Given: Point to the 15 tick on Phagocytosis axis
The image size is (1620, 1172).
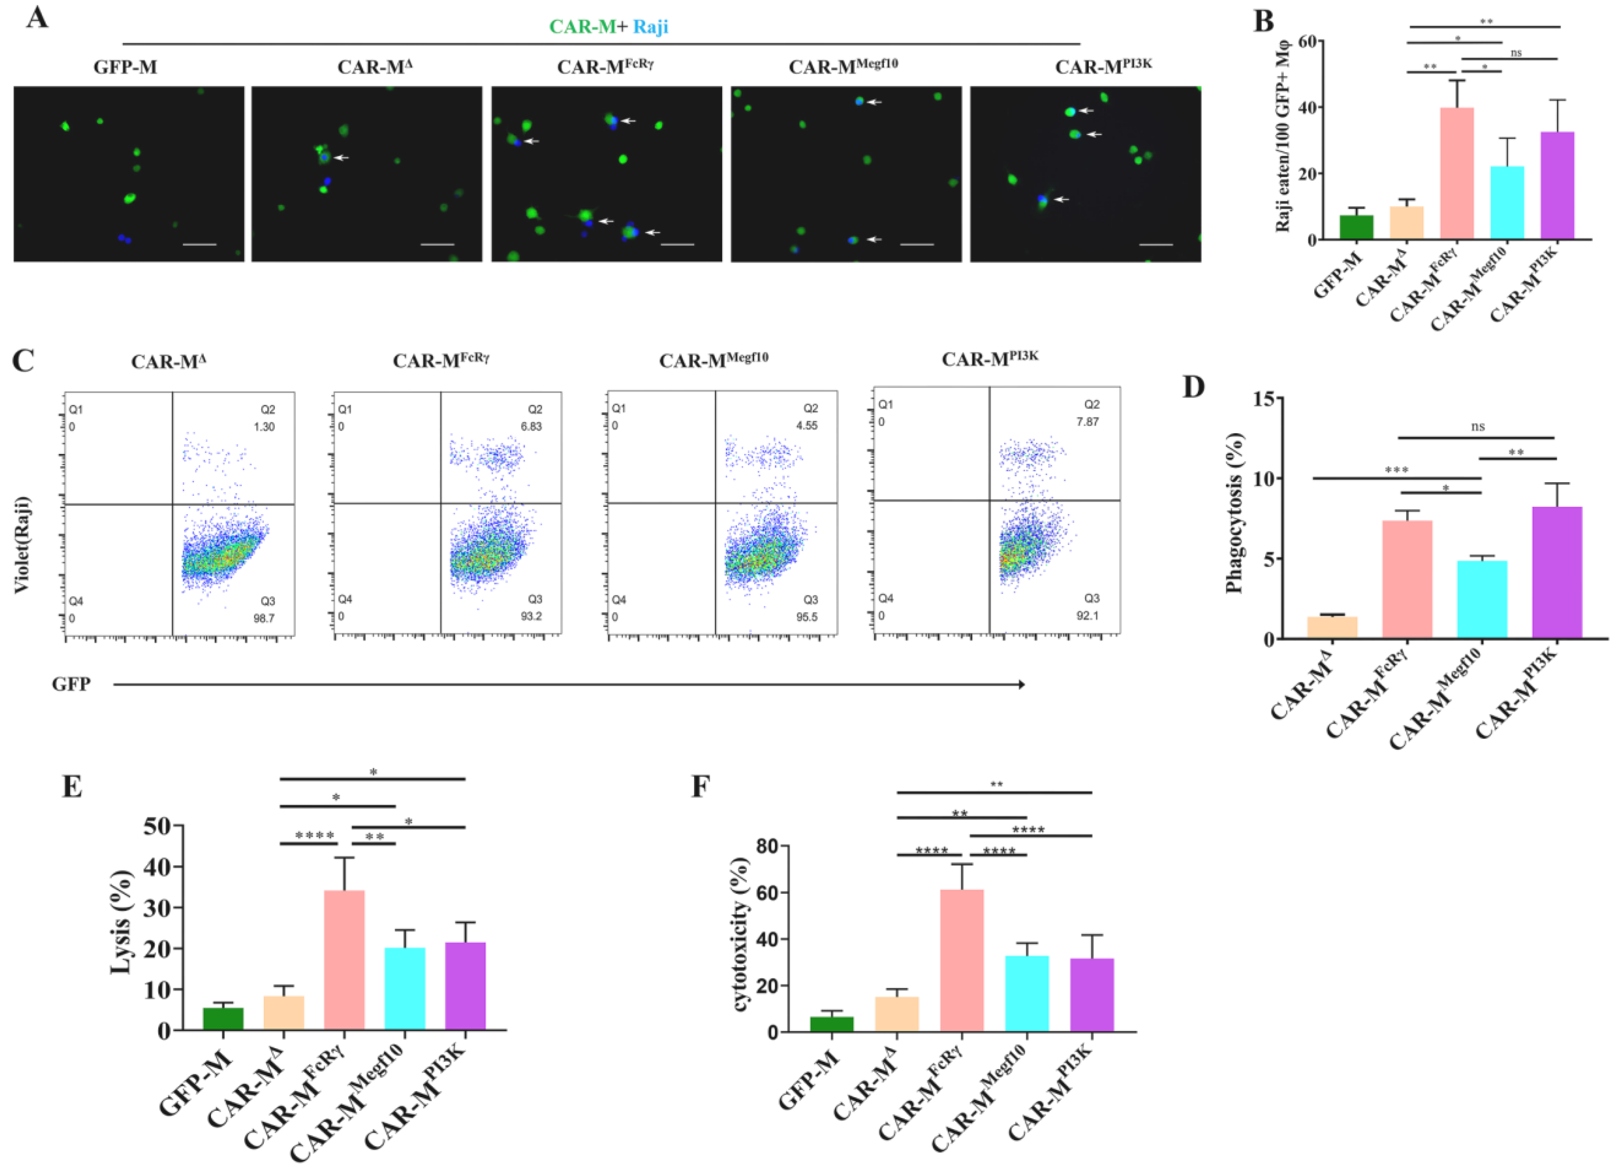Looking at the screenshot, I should (x=1264, y=398).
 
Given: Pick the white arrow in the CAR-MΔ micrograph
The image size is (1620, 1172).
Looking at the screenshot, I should (x=341, y=157).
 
